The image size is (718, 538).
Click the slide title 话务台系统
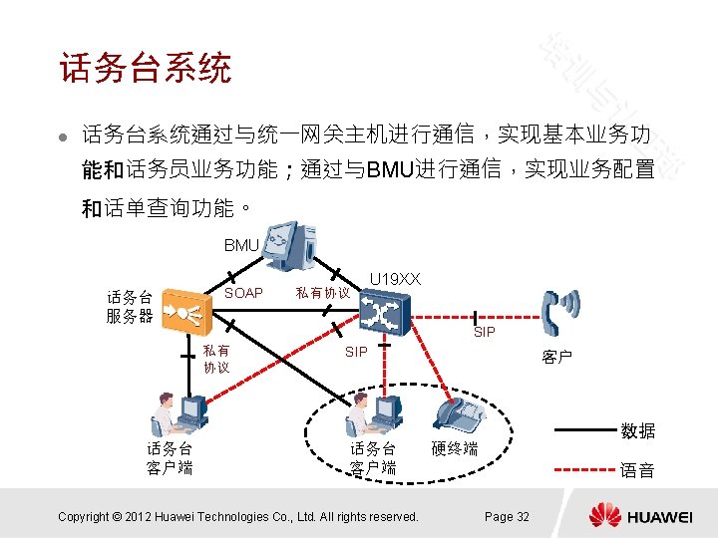coord(145,69)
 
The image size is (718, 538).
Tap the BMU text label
coord(241,245)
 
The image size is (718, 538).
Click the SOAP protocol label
coord(243,293)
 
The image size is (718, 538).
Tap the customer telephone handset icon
coord(555,311)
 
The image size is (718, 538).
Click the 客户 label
coord(556,357)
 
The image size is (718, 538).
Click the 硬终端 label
coord(455,449)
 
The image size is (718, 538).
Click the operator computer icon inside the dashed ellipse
coord(375,411)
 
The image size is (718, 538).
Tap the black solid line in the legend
coord(583,430)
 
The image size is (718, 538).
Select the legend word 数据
coord(637,431)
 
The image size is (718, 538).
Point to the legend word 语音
coord(637,470)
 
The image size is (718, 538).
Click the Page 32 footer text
coord(507,516)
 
